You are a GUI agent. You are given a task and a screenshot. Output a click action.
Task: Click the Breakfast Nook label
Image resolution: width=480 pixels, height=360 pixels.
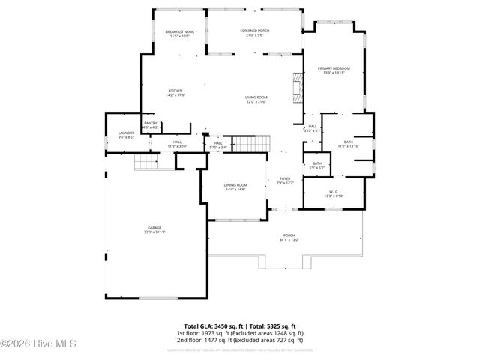coord(179,34)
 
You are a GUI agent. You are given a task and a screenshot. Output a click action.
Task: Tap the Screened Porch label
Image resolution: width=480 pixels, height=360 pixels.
coord(255,32)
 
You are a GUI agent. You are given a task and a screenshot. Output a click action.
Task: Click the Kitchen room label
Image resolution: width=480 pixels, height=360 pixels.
coord(175,93)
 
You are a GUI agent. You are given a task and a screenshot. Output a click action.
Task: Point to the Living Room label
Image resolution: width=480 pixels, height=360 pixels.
coord(256,99)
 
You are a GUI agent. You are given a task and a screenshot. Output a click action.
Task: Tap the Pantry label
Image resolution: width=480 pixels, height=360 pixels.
coord(151,125)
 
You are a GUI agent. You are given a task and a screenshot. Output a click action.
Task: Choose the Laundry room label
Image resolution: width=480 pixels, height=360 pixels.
coord(126,135)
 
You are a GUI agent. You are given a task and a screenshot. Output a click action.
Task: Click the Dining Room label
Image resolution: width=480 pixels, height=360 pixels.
coord(235,187)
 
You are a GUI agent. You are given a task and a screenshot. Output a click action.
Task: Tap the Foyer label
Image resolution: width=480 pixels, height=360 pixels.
coord(285,180)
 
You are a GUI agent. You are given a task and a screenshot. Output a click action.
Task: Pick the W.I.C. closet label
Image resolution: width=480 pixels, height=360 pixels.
coord(334,193)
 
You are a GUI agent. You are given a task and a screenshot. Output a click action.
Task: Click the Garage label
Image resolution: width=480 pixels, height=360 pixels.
coord(154,230)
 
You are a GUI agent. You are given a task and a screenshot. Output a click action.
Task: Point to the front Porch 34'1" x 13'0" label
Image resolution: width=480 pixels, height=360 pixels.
coord(289,238)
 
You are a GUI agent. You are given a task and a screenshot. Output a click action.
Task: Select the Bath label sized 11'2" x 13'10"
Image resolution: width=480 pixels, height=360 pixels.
coord(349,144)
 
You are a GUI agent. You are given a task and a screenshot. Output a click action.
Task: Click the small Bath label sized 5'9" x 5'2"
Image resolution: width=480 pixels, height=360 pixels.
coord(317,165)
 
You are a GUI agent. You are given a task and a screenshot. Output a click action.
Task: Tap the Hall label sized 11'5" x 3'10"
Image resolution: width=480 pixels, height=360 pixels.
coord(178,143)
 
